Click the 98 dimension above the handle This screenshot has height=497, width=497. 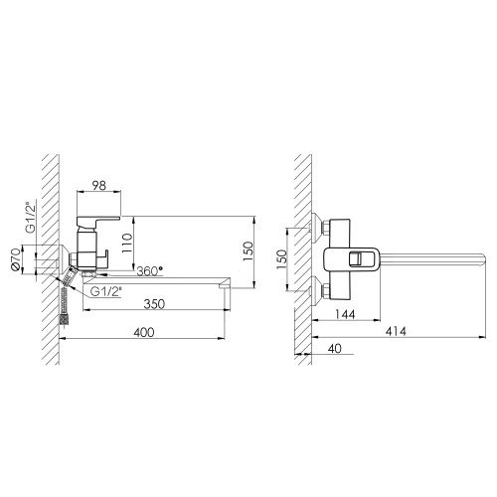(x=99, y=186)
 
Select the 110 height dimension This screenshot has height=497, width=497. (x=126, y=243)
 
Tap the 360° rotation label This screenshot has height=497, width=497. (x=150, y=271)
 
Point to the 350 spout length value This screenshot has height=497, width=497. (x=154, y=304)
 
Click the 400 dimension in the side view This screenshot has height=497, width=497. (x=144, y=332)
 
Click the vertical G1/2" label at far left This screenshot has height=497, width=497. (x=31, y=217)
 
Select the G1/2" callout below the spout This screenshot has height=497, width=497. (x=106, y=291)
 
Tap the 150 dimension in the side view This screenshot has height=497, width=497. (x=248, y=250)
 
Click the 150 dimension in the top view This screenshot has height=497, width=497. (x=280, y=259)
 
